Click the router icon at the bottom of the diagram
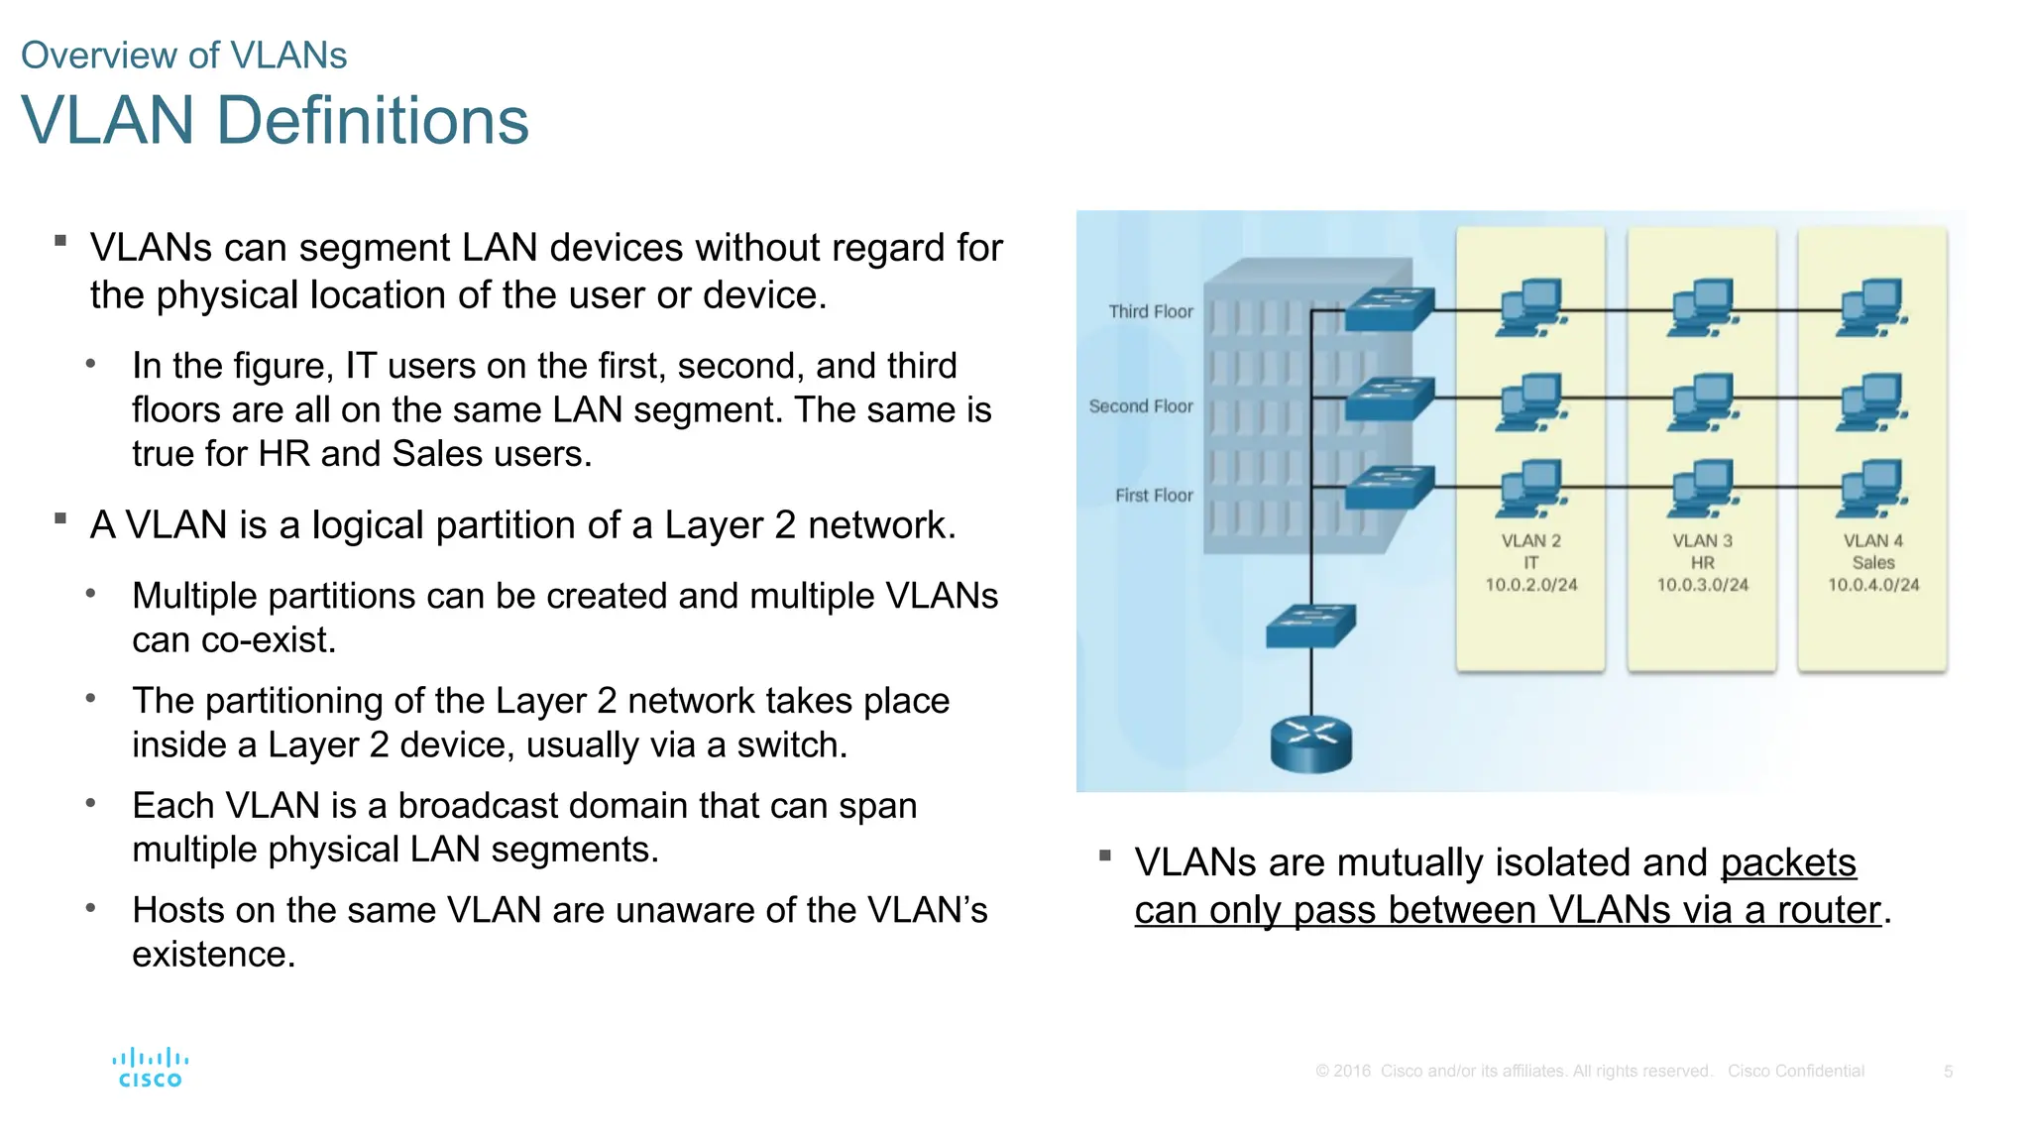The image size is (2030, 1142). [x=1310, y=743]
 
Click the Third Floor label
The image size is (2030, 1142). [x=1151, y=311]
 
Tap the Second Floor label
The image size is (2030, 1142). [x=1141, y=406]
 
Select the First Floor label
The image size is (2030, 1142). [x=1154, y=496]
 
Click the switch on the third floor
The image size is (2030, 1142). [x=1390, y=308]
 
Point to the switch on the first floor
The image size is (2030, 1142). [x=1390, y=487]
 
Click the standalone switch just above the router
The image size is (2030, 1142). [x=1310, y=626]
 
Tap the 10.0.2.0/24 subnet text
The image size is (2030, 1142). [x=1530, y=585]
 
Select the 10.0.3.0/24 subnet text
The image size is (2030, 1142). [x=1702, y=585]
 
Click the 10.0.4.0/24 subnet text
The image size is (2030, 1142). [x=1873, y=585]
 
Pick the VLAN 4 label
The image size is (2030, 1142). [x=1873, y=541]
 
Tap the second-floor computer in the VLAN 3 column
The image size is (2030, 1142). [x=1703, y=401]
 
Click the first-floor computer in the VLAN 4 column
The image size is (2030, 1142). [x=1872, y=489]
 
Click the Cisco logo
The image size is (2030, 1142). [x=151, y=1069]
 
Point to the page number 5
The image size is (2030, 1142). [x=1948, y=1072]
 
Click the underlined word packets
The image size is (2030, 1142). [x=1788, y=862]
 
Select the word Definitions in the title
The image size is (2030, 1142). [x=372, y=121]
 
